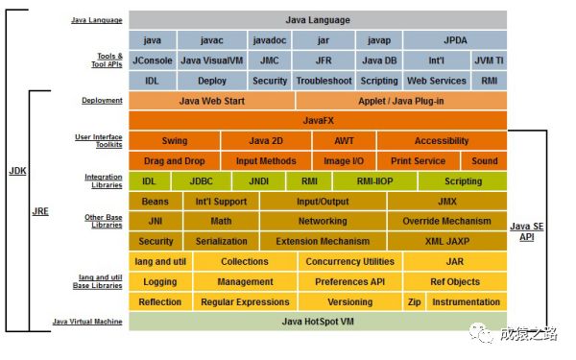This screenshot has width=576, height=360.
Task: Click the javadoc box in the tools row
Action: (x=269, y=40)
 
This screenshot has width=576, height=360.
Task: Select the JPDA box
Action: (x=455, y=40)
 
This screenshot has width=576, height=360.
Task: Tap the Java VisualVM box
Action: (x=211, y=60)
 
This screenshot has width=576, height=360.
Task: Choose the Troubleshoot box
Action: (x=324, y=81)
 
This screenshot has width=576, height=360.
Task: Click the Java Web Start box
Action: (x=211, y=101)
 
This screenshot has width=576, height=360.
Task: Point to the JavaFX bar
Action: (x=318, y=121)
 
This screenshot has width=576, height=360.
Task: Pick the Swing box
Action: (x=175, y=141)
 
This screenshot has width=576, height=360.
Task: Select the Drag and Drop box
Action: (x=175, y=161)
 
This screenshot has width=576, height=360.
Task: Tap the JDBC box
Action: (x=202, y=181)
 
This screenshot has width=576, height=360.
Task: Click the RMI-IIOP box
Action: (x=374, y=181)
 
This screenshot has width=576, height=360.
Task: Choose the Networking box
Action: (x=323, y=221)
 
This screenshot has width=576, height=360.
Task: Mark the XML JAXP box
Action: (x=447, y=241)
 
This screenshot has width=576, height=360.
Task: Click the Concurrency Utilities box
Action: (x=349, y=261)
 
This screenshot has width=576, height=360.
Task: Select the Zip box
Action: (x=415, y=302)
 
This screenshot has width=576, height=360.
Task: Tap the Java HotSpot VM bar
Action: (x=318, y=322)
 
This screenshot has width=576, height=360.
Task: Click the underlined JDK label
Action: (x=17, y=171)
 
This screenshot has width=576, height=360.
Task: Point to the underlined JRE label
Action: (x=40, y=211)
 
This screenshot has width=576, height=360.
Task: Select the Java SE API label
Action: (x=527, y=231)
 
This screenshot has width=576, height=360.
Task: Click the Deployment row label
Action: (x=102, y=100)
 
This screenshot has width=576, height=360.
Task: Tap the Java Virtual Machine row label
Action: (x=87, y=322)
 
